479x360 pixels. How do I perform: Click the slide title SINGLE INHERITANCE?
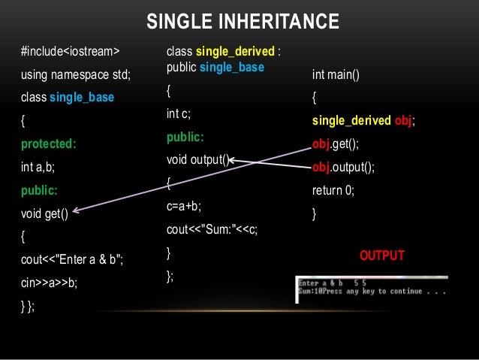point(243,22)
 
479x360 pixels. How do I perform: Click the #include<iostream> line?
point(70,52)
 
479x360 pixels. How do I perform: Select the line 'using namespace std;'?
point(76,74)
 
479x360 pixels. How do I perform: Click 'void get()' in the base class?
point(46,213)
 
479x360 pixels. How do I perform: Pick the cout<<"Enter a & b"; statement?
point(73,260)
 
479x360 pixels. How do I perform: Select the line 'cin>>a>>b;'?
point(49,283)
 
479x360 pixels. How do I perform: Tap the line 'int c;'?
point(179,114)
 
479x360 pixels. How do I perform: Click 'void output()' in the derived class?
point(197,160)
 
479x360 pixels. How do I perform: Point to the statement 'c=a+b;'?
point(184,206)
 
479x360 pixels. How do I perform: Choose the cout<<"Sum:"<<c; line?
point(212,230)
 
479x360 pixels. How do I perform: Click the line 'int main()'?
point(336,75)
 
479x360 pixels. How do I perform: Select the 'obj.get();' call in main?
point(335,144)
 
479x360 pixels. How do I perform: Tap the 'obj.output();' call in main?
point(342,168)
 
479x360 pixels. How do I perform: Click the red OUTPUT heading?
point(382,256)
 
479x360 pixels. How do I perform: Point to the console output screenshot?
point(372,288)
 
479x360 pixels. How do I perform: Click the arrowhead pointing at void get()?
point(77,213)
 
